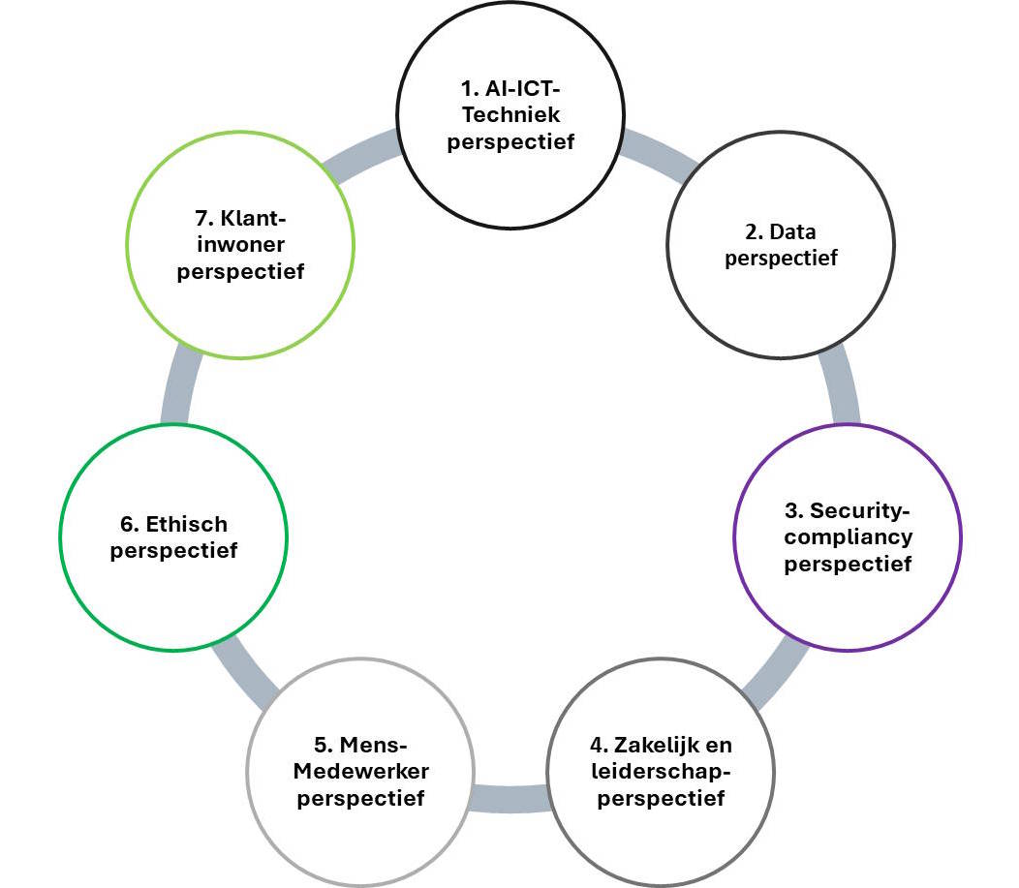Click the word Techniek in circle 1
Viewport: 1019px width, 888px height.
pos(511,115)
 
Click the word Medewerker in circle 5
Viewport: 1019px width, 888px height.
pos(362,772)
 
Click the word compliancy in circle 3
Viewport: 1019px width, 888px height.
pos(849,536)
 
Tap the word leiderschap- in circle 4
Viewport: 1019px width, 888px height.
pos(662,773)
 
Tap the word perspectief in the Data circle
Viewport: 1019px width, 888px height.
pos(781,259)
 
